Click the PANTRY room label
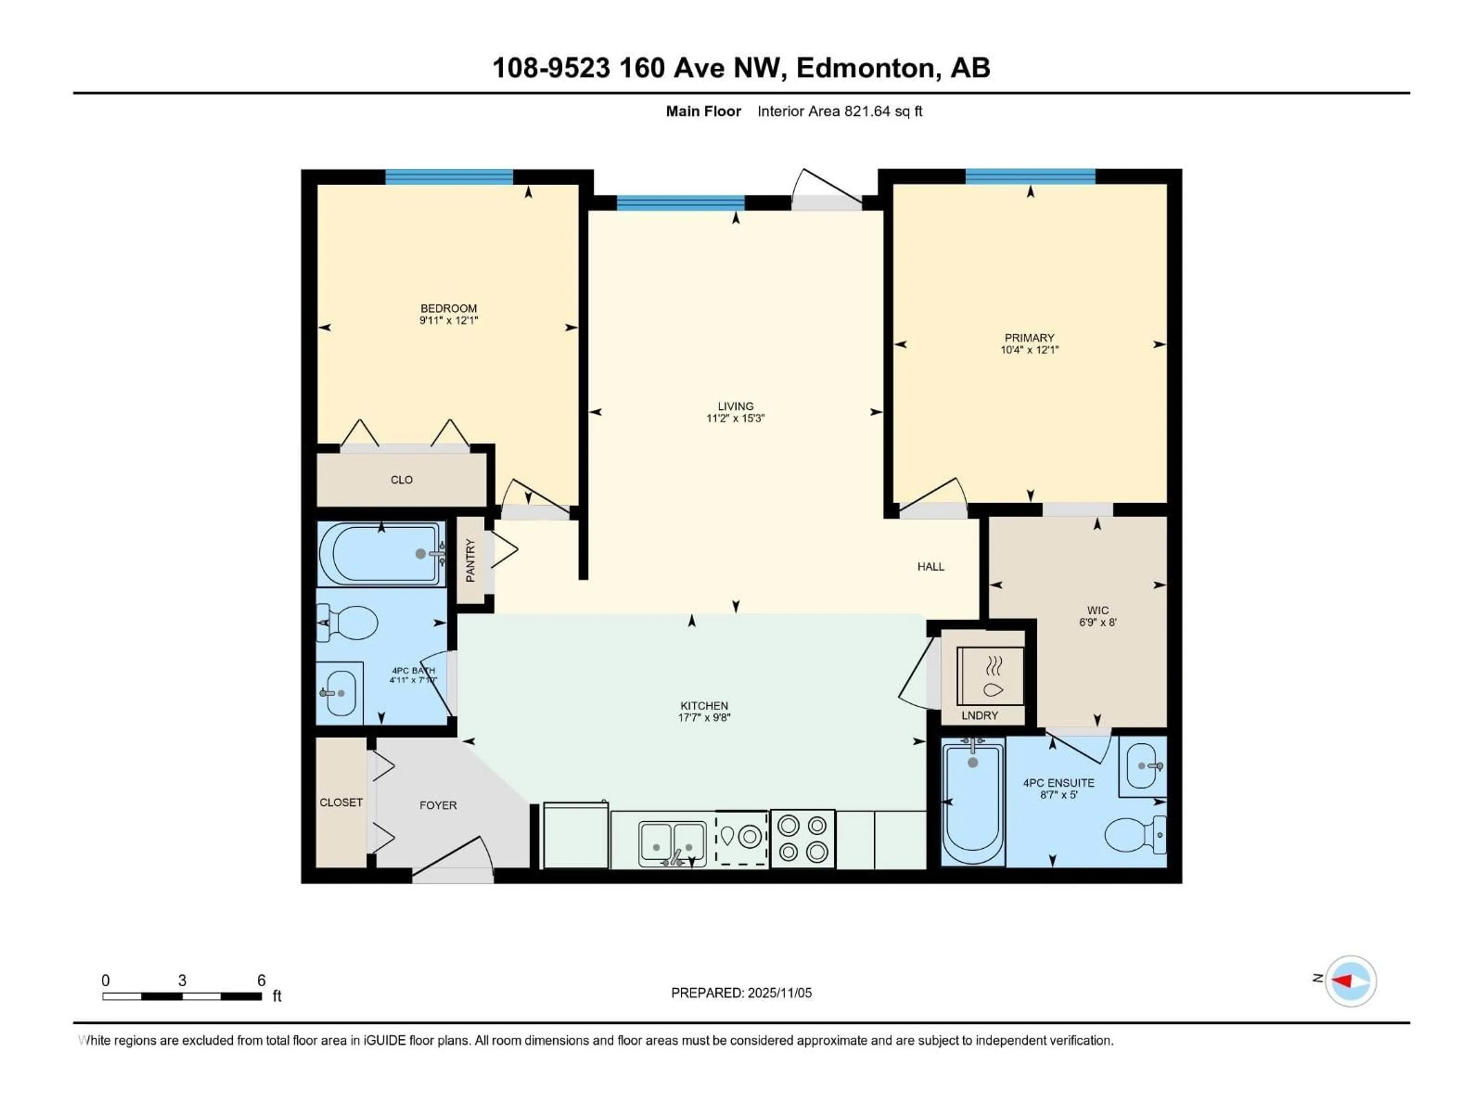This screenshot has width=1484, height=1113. [x=470, y=561]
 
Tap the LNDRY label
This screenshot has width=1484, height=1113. [x=980, y=715]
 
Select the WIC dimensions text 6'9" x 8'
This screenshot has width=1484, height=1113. [x=1098, y=622]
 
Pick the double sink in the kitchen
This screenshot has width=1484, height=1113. [x=672, y=842]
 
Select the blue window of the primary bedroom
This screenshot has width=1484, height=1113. [x=1030, y=177]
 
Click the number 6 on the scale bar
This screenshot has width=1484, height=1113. [x=261, y=980]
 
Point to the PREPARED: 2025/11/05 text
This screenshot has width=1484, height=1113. [x=741, y=993]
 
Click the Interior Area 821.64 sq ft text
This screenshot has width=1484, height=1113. [x=839, y=111]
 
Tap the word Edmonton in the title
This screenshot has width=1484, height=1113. [x=865, y=68]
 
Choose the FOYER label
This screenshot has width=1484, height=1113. [x=438, y=805]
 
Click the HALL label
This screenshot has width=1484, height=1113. [x=931, y=566]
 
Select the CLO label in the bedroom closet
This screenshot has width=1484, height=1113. [x=401, y=480]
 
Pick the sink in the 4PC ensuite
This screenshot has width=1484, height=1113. [x=1142, y=766]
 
